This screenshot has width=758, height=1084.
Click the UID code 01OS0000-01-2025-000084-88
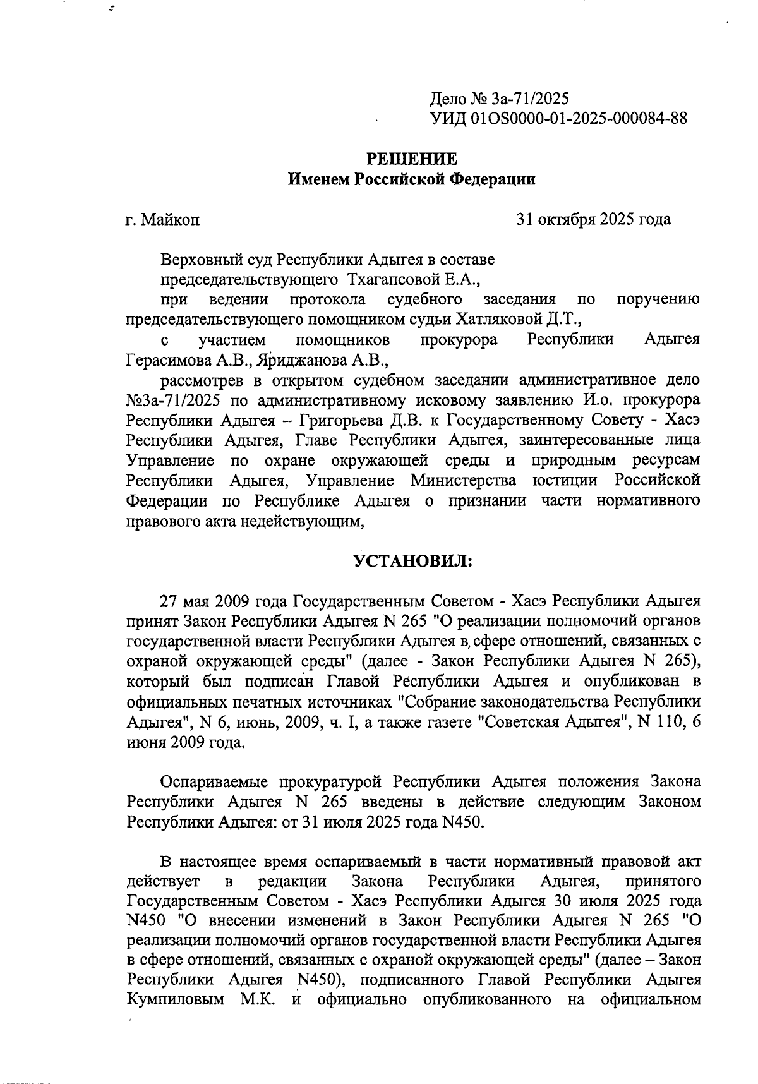point(579,118)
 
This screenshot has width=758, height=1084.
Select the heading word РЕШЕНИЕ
point(412,159)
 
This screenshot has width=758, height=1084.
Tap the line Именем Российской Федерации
point(412,179)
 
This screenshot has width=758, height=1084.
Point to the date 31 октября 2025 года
point(593,219)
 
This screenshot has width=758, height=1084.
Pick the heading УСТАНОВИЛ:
point(412,561)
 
